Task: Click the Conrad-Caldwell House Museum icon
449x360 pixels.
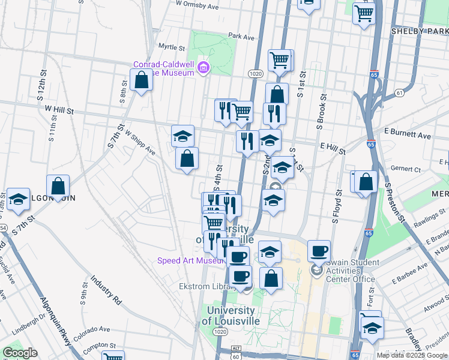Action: tap(203, 66)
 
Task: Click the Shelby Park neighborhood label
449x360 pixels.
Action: tap(420, 31)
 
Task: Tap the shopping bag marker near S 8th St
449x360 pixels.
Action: tap(141, 80)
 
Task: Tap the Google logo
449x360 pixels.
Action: tap(20, 353)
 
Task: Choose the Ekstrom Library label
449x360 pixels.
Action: tap(204, 287)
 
